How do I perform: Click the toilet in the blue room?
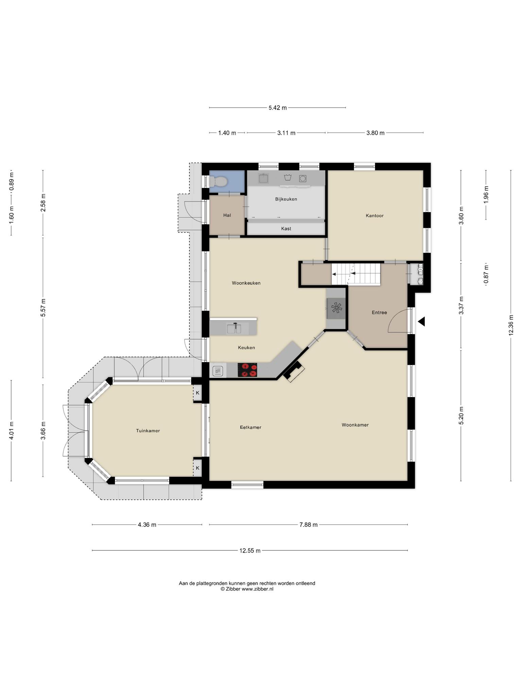(x=218, y=182)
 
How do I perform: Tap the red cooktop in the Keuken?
(x=247, y=370)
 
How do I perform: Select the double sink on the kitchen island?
(x=234, y=329)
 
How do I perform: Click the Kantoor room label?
(x=375, y=215)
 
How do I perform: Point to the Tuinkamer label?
(x=148, y=431)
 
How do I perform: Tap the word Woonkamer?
(x=355, y=425)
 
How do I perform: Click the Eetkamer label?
(x=250, y=427)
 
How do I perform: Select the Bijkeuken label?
(x=286, y=199)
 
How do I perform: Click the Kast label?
(x=286, y=229)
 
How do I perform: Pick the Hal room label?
(x=227, y=215)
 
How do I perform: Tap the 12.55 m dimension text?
(x=250, y=551)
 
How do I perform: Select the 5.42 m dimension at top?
(x=278, y=108)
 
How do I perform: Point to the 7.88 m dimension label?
(x=309, y=525)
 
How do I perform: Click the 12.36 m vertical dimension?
(x=510, y=325)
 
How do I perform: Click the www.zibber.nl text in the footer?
(x=257, y=589)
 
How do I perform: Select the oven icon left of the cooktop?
(x=217, y=370)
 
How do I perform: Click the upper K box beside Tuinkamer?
(x=197, y=393)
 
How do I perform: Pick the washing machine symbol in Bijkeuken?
(x=303, y=178)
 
